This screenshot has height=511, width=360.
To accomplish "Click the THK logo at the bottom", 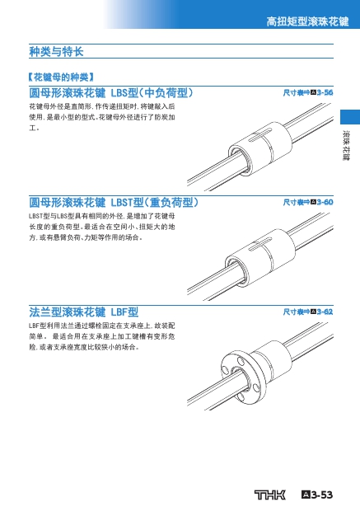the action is click(269, 495).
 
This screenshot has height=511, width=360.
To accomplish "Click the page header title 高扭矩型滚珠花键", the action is click(307, 21).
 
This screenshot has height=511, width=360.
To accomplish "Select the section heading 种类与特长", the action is click(56, 51).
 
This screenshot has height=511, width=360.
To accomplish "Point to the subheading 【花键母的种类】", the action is click(61, 77).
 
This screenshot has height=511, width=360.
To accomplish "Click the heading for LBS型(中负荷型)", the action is click(111, 93).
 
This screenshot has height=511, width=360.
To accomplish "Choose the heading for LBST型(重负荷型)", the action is click(114, 203).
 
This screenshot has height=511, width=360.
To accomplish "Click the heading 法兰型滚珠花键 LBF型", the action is click(84, 312).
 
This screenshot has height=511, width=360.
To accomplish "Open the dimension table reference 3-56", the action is click(308, 92).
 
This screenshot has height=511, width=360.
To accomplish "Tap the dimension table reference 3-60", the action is click(308, 202).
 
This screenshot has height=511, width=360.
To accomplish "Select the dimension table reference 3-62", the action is click(308, 312).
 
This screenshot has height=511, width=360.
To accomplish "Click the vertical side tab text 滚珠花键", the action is click(346, 145).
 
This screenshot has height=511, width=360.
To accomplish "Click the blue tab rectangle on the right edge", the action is click(350, 117).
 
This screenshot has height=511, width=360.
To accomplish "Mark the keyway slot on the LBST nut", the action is click(261, 245).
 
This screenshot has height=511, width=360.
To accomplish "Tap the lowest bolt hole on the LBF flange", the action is click(241, 396).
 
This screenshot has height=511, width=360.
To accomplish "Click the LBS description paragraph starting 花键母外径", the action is click(102, 117).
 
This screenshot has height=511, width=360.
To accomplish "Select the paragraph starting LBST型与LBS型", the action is click(102, 227).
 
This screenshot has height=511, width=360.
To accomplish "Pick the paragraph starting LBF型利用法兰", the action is click(102, 336).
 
